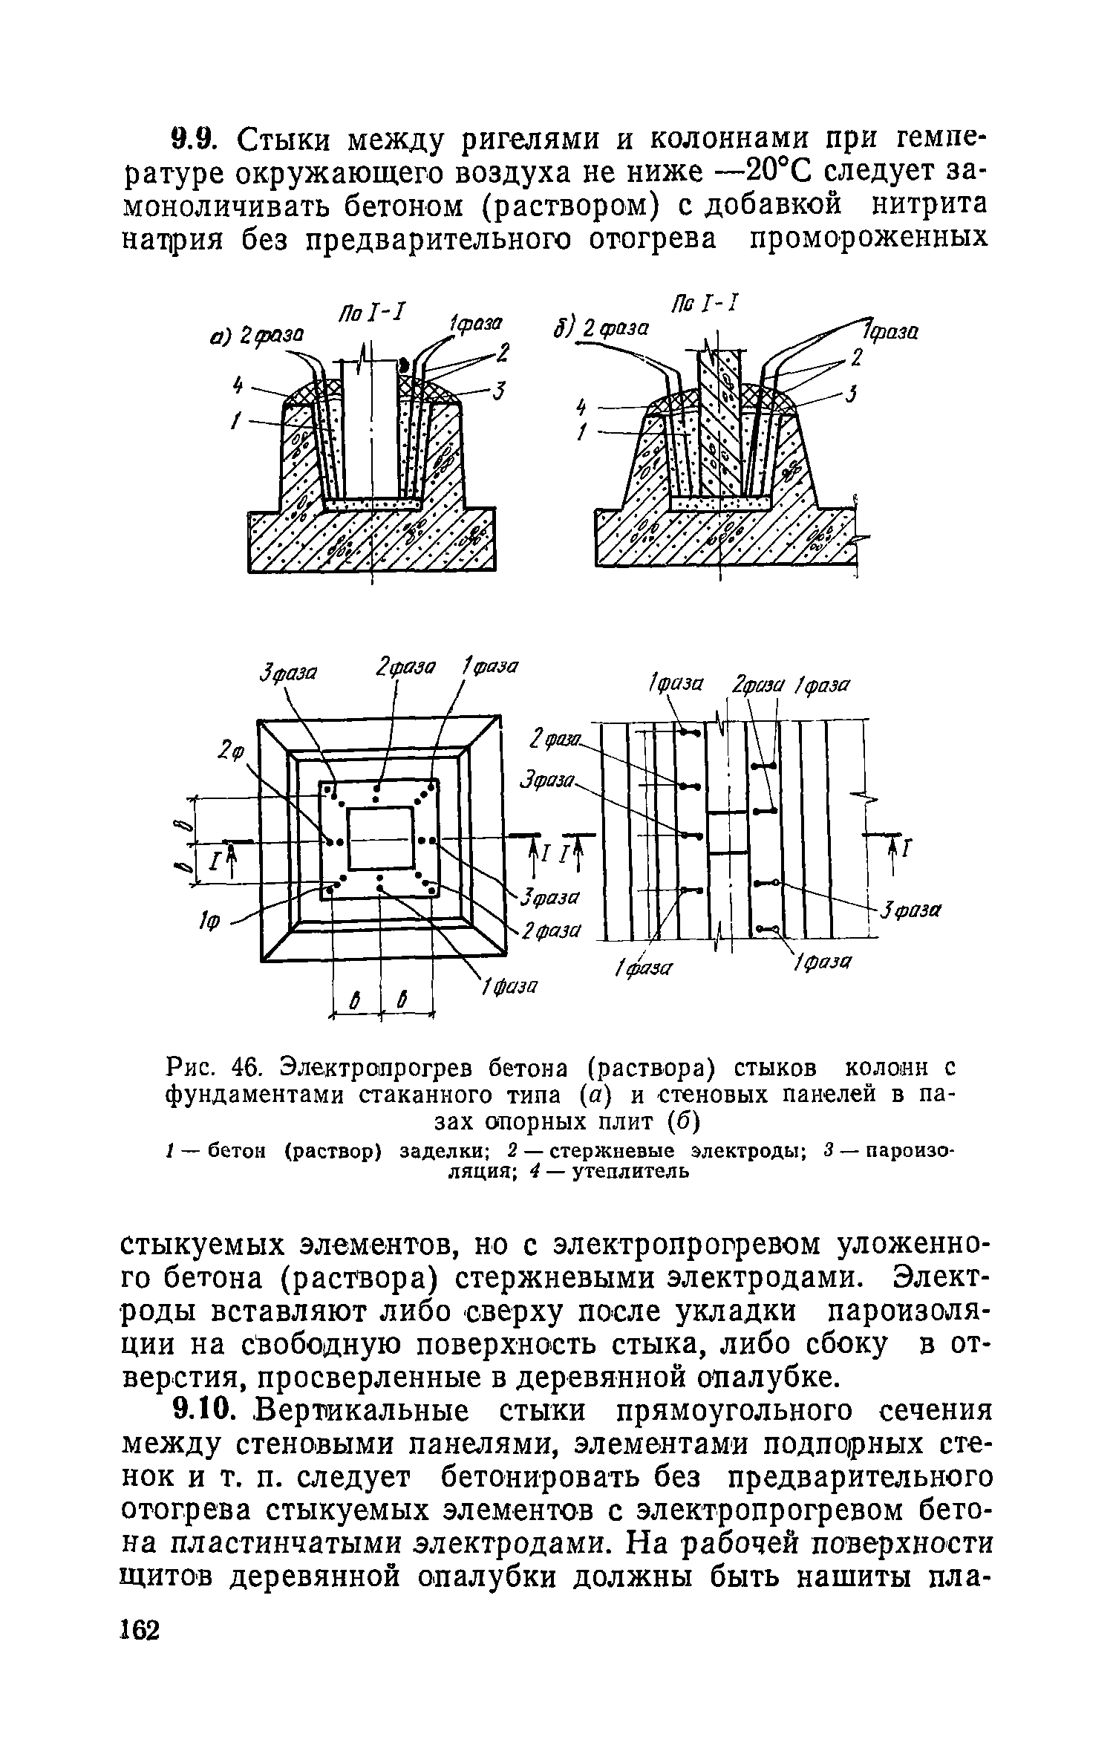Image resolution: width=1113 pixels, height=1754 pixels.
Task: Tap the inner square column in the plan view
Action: [380, 839]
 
